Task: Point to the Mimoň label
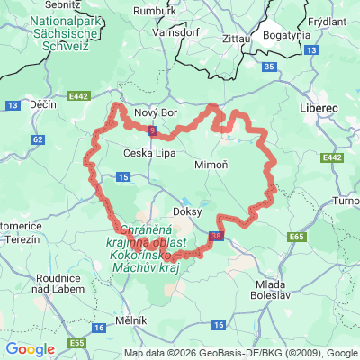click(x=211, y=166)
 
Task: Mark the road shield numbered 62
click(x=37, y=139)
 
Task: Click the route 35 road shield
click(x=269, y=67)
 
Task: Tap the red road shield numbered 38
click(x=214, y=236)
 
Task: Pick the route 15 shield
click(x=122, y=177)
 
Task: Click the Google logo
click(x=30, y=349)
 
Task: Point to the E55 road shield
click(x=77, y=344)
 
